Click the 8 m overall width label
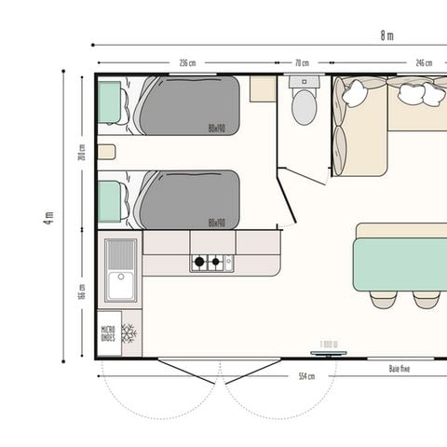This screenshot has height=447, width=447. coord(386,36)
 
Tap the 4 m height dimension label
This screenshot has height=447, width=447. coord(48,216)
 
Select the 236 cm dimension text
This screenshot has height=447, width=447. coord(187,63)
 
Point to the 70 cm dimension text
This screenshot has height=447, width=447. coord(302,63)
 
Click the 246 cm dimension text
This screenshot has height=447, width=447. coord(424,63)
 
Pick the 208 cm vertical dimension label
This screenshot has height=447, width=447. coord(82,152)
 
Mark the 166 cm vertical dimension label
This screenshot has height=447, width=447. coord(82,291)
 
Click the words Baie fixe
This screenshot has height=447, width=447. coord(400,369)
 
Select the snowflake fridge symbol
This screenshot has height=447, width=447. coord(129,333)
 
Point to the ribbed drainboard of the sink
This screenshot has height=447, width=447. coord(121,253)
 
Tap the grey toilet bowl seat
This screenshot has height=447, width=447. coord(305,108)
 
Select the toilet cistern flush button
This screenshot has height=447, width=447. coord(304,81)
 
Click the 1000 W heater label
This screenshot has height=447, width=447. coord(329,345)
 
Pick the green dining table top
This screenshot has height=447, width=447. coord(400,264)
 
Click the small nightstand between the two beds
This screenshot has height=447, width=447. coord(106,152)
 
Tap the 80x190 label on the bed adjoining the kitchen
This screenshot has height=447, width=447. coord(217,223)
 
